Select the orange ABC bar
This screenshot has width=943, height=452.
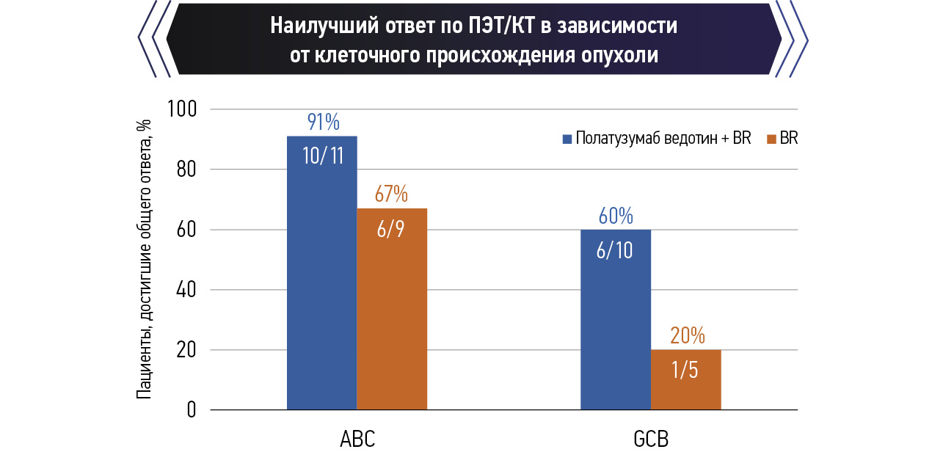tap(392, 323)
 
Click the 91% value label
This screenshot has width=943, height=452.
tap(322, 122)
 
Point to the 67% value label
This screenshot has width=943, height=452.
tap(391, 194)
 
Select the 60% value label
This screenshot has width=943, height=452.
tap(615, 216)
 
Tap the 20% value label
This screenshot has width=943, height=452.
tap(687, 336)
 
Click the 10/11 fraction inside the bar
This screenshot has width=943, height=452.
tap(322, 156)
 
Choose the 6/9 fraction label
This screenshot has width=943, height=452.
tap(391, 228)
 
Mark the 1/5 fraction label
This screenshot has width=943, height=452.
tap(686, 370)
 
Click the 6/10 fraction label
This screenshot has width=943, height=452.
tap(615, 250)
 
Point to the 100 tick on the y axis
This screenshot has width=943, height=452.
tap(183, 109)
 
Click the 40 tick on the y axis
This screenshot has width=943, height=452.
tap(188, 290)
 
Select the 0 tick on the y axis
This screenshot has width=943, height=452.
tap(192, 409)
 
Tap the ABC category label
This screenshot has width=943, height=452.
tap(357, 439)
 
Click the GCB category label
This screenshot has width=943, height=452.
tap(651, 439)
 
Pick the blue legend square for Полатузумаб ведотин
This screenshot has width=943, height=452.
tap(567, 139)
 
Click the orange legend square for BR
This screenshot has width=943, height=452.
tap(771, 139)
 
